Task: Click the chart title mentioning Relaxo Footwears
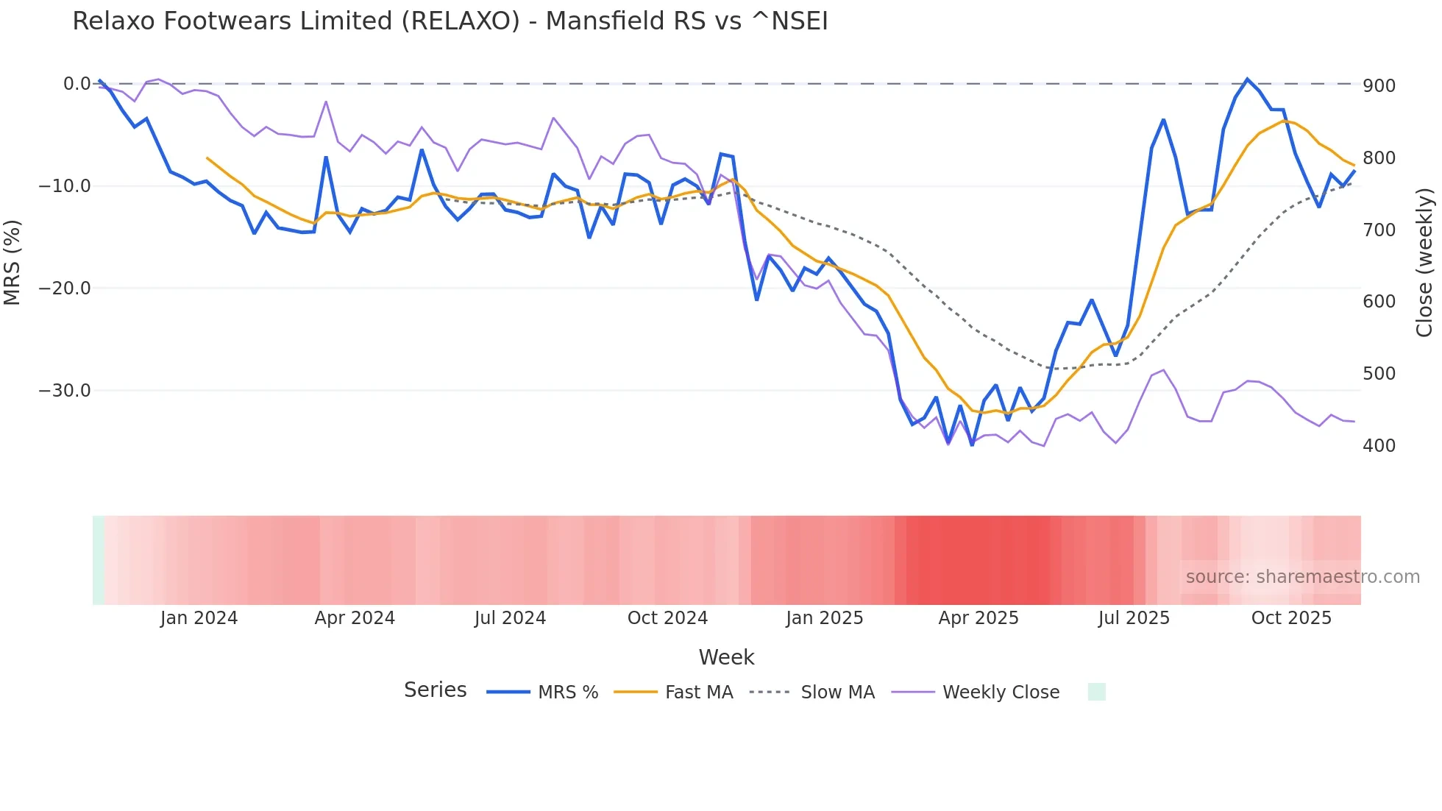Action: click(450, 21)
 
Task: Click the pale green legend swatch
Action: click(1096, 693)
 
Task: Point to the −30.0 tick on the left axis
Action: click(65, 391)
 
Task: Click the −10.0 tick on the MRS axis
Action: click(65, 186)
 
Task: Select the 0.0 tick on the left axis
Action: click(77, 84)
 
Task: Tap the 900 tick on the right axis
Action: click(1379, 86)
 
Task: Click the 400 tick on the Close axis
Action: click(1379, 446)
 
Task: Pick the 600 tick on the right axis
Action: click(1379, 302)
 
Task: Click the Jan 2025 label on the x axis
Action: click(824, 618)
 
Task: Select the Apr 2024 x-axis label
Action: click(355, 618)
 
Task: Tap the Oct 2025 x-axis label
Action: click(1291, 618)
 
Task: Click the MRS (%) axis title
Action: click(12, 263)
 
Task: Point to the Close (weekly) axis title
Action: click(1424, 263)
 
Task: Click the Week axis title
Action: click(726, 657)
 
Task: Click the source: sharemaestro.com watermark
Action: click(1302, 577)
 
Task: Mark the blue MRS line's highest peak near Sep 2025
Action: click(1247, 79)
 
